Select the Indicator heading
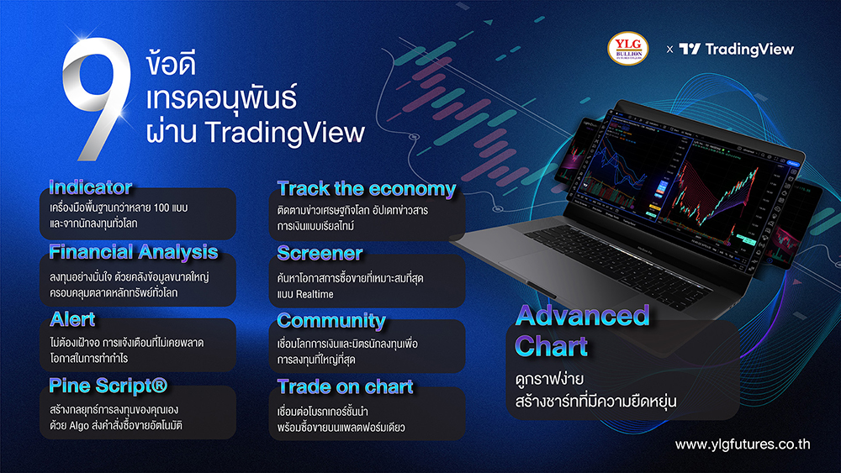click(90, 187)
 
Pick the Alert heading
click(72, 319)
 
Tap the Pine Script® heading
click(108, 386)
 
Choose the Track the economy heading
click(366, 188)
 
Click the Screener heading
click(320, 253)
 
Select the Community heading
click(331, 320)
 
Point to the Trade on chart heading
click(345, 386)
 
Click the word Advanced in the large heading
click(582, 316)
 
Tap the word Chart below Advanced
click(552, 345)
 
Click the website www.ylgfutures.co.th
click(743, 444)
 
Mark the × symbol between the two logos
click(669, 50)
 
